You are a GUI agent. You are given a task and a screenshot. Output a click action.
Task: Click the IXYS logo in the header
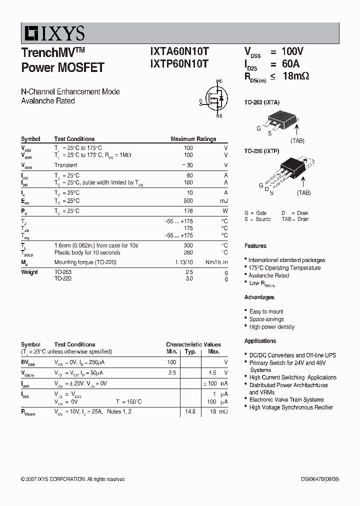(53, 33)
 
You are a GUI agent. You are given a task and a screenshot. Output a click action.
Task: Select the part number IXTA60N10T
(179, 51)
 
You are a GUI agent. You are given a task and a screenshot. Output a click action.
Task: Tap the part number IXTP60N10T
(179, 63)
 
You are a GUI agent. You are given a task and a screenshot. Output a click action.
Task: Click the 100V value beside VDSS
(292, 51)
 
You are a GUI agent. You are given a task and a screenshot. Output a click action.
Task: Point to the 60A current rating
(290, 63)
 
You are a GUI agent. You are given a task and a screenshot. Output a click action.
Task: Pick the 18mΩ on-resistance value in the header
(296, 76)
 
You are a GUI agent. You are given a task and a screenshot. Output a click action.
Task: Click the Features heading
(255, 246)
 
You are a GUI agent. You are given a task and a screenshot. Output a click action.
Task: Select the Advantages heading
(259, 297)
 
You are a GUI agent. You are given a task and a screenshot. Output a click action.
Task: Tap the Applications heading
(260, 341)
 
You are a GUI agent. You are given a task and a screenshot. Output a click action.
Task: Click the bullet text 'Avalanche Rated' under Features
(268, 275)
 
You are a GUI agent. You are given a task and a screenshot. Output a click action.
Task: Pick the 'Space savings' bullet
(266, 319)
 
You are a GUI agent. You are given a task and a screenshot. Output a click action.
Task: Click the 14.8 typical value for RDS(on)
(190, 411)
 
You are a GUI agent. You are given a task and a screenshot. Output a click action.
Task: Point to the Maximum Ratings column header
(193, 139)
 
